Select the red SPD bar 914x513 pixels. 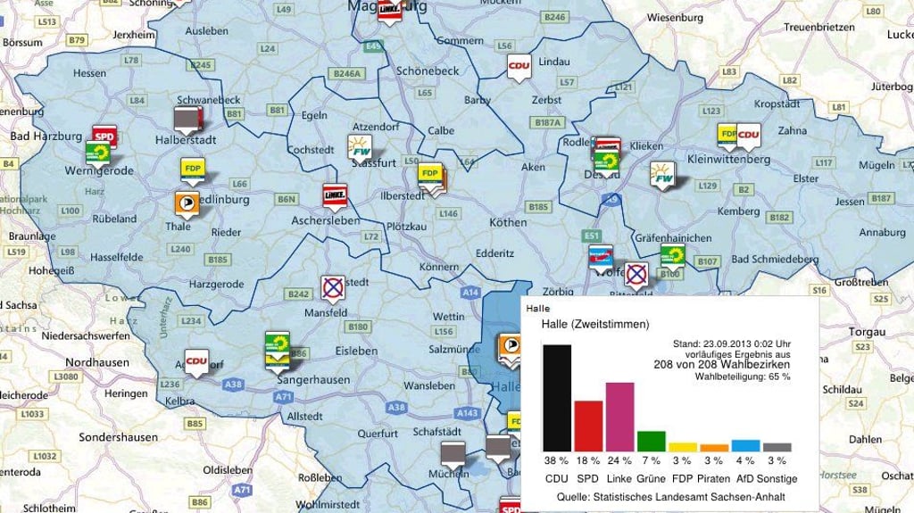tap(588, 426)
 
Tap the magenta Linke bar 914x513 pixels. tap(619, 417)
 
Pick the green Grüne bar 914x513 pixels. tap(651, 441)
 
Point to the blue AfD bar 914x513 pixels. tap(745, 445)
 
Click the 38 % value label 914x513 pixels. tap(557, 461)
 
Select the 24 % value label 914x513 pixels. tap(619, 461)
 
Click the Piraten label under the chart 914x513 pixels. tap(715, 478)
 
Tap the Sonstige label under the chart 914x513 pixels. tap(777, 478)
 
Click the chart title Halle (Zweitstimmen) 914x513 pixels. tap(594, 324)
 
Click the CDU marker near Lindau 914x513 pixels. tap(519, 67)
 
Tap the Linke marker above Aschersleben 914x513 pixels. tap(335, 194)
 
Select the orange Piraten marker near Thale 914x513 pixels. tap(187, 202)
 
